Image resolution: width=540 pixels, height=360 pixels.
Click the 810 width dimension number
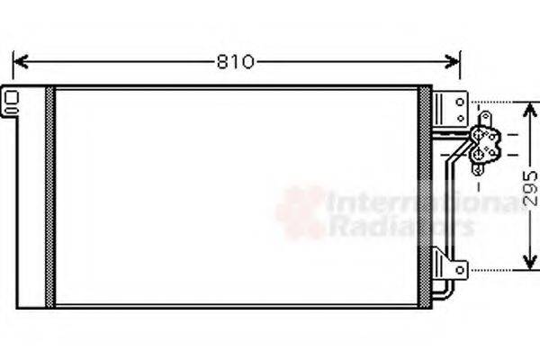pos(236,62)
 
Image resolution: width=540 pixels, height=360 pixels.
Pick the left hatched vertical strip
pos(49,196)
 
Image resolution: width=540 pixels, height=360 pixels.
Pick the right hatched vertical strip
pos(424,196)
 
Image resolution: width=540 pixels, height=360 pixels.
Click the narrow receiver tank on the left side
pos(30,196)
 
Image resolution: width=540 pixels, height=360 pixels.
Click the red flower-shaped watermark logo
pos(301,212)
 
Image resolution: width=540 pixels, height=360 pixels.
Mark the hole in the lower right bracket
pos(459,268)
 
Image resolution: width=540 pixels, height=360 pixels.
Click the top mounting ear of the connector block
pos(484,119)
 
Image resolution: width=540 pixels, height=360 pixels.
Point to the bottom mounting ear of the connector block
pos(476,167)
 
